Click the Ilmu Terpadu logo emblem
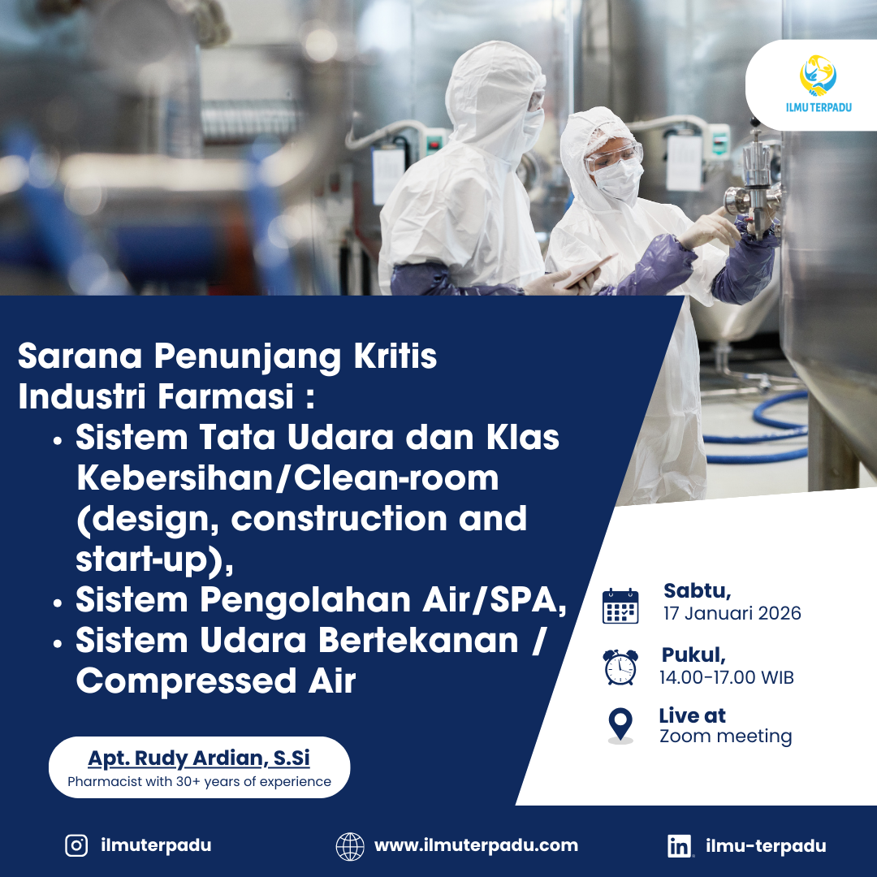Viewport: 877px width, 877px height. pos(818,76)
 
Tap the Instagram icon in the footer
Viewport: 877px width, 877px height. pos(76,845)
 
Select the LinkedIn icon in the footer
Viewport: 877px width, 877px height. pos(680,846)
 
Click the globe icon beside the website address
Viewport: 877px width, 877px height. pos(350,845)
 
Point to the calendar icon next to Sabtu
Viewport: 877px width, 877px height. pos(620,606)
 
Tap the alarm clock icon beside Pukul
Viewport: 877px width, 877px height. pos(620,667)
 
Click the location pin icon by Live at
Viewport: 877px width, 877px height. pos(620,724)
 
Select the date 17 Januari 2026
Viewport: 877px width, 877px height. pos(732,613)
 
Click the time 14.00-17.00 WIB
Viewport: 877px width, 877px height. pos(726,676)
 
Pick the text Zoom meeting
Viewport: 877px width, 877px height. pos(725,737)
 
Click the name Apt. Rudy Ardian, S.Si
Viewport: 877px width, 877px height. pos(199,758)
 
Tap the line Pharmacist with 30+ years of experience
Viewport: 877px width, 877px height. pos(199,782)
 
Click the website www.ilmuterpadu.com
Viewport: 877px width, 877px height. pos(476,845)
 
